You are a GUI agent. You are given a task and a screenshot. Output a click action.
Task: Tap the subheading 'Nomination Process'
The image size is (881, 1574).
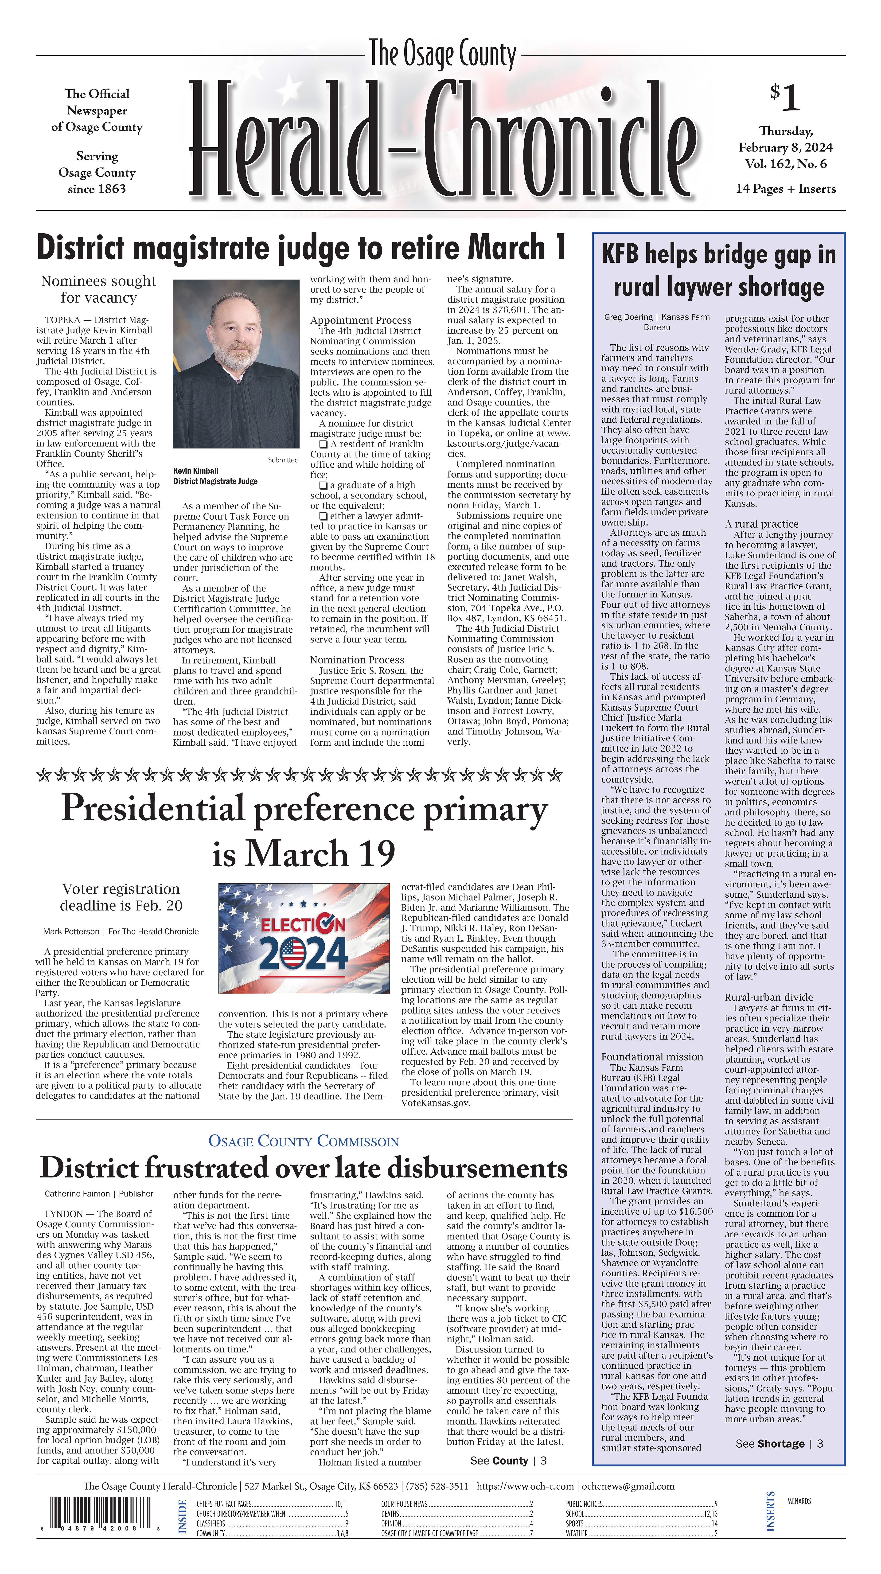click(x=357, y=660)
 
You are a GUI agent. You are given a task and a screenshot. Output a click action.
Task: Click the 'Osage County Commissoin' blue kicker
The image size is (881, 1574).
click(x=304, y=1142)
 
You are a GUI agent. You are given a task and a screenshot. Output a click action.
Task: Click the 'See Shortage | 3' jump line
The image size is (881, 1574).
click(x=779, y=1443)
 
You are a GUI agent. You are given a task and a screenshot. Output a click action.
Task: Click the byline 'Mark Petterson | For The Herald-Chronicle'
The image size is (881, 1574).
click(x=121, y=932)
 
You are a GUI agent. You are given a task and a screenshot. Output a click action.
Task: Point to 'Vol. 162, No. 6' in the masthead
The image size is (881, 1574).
click(x=785, y=164)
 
